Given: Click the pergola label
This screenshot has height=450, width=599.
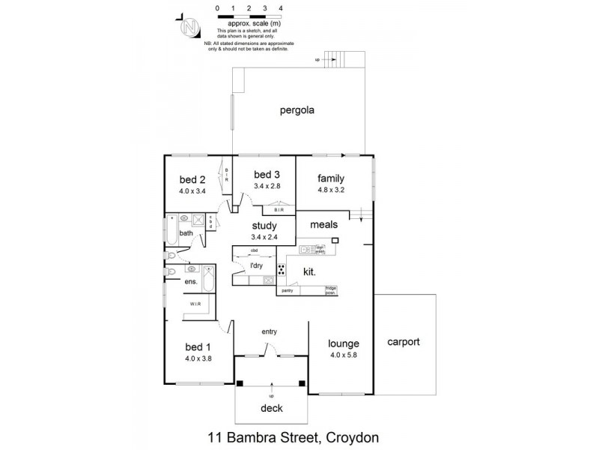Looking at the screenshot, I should pos(297,110).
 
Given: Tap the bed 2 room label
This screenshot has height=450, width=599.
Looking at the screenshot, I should pos(192,180).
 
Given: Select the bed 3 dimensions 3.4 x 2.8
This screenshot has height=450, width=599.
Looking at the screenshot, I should pos(267,186).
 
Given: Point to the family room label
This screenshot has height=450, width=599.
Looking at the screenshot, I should pos(330,178).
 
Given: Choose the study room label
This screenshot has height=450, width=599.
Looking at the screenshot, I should pos(264,226).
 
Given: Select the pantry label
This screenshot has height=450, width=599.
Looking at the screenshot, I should pos(287,289).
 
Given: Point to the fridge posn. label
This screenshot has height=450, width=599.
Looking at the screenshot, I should pos(330,289).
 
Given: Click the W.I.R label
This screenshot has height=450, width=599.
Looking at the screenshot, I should pos(194,304).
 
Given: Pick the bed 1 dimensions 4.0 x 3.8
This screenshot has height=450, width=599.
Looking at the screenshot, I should pos(198,358).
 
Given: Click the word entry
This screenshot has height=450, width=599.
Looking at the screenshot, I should pos(270,331).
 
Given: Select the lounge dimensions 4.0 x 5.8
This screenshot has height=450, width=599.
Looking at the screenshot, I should pos(343,355).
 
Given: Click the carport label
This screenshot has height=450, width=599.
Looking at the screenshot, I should pos(404,342).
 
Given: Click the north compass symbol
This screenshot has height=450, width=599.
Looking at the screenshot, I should pos(190,28).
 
